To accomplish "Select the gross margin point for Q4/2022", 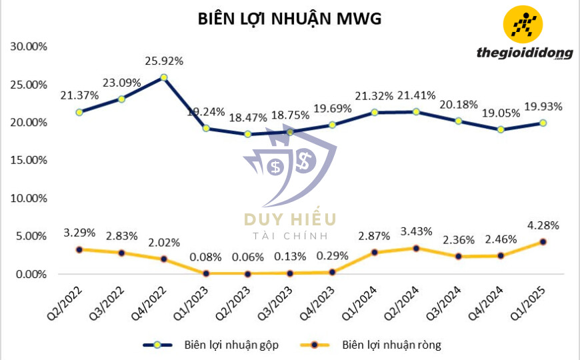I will (x=164, y=77).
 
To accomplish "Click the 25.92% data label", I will (x=164, y=61).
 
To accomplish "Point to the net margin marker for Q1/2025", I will (x=543, y=242).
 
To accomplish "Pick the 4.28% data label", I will (x=543, y=225).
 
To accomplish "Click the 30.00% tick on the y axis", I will (x=28, y=47).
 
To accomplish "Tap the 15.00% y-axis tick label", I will (x=28, y=161).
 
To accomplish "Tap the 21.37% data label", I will (x=79, y=96).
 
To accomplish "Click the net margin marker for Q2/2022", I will (x=79, y=249).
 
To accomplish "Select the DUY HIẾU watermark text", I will (x=290, y=219).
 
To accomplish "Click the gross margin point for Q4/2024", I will (x=501, y=129).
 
